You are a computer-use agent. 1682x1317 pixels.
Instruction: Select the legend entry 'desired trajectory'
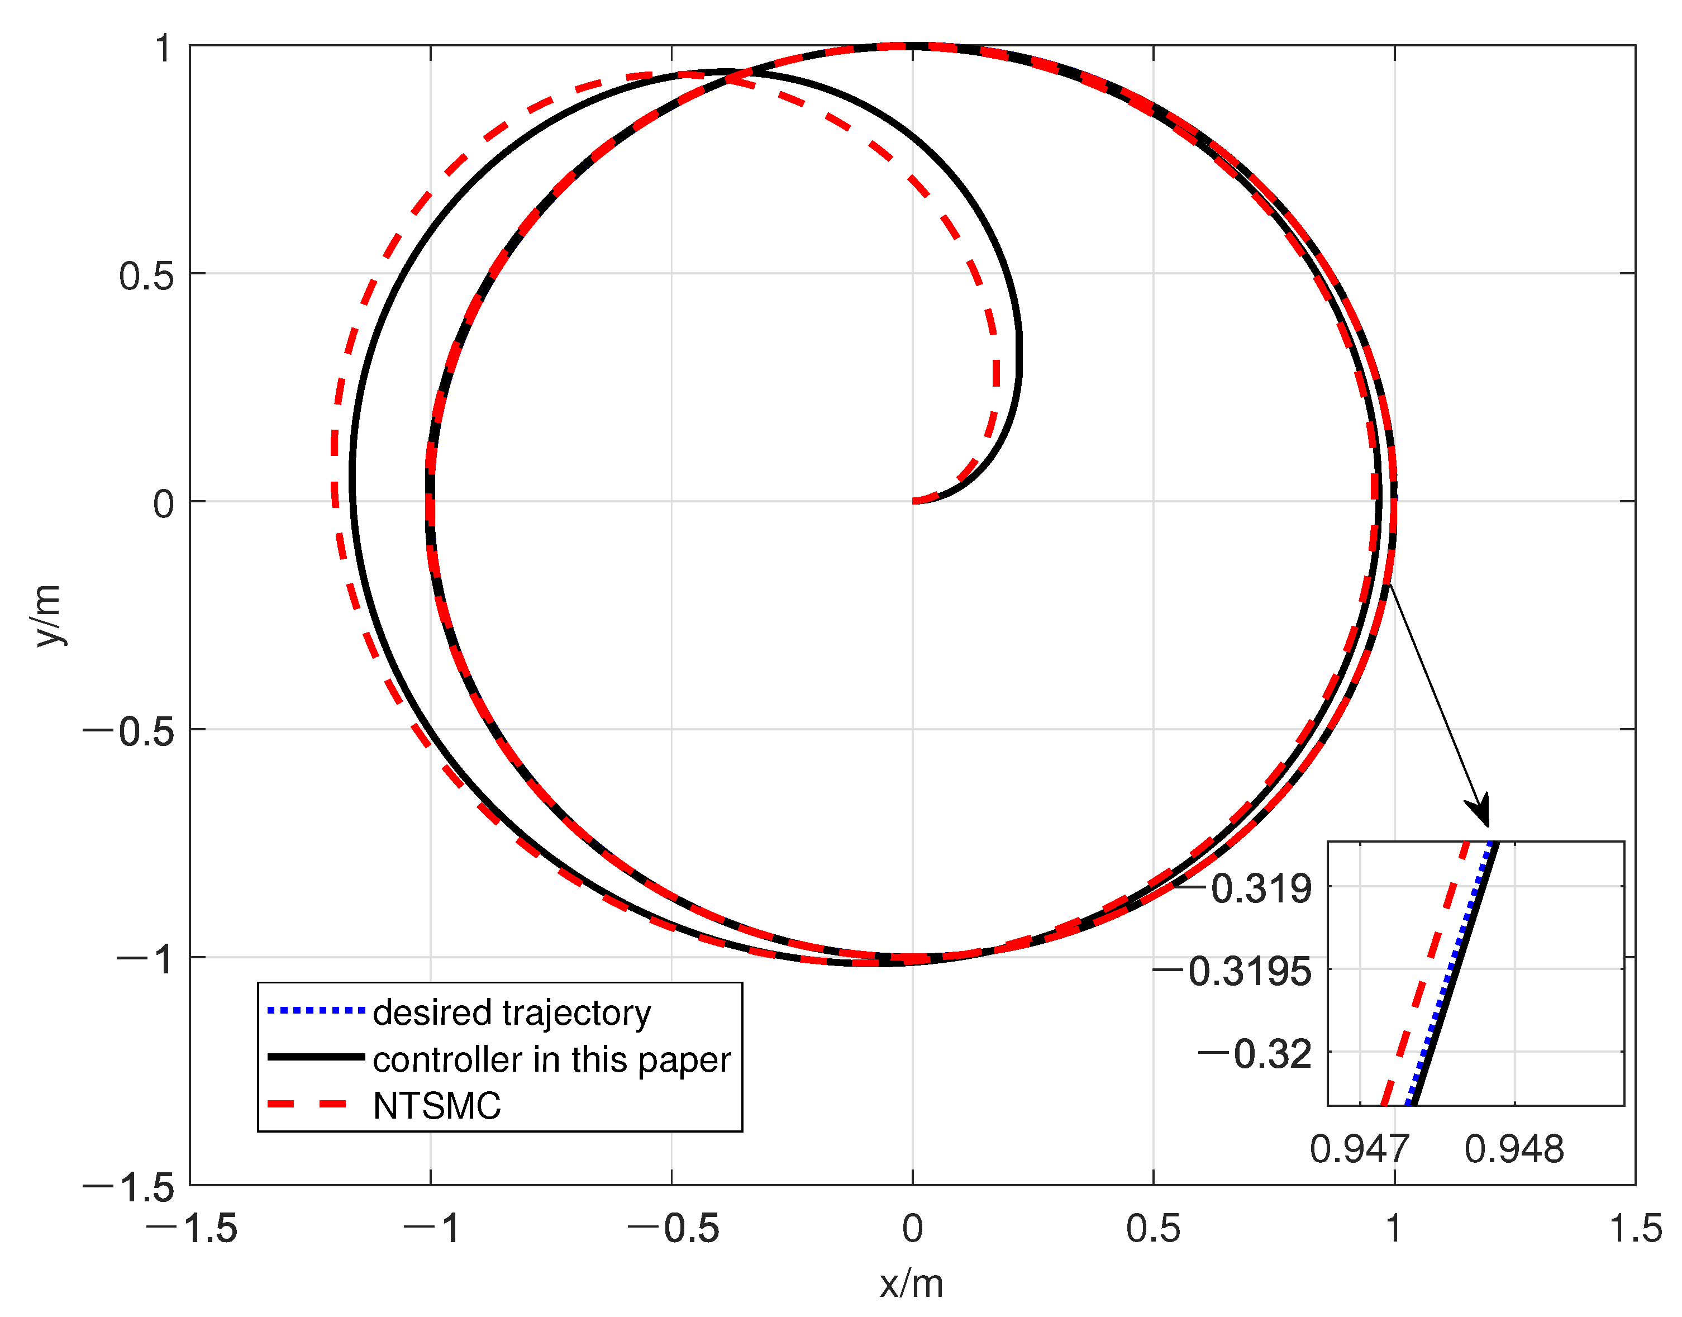[x=512, y=1013]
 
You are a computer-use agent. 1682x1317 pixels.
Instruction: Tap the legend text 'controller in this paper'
[x=551, y=1060]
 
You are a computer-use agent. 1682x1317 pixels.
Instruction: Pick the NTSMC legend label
[x=436, y=1106]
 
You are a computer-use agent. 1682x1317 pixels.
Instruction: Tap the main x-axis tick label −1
[x=432, y=1228]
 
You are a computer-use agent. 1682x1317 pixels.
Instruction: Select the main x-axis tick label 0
[x=912, y=1228]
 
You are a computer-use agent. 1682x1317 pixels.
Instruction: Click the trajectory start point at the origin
[x=913, y=501]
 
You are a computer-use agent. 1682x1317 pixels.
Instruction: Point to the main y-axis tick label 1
[x=163, y=49]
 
